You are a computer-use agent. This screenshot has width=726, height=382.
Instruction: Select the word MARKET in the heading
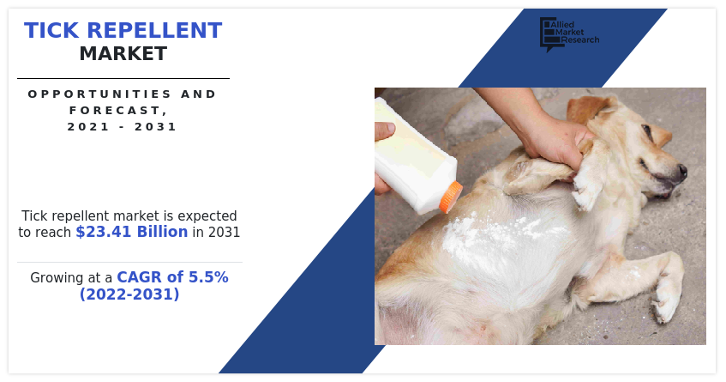[x=123, y=54]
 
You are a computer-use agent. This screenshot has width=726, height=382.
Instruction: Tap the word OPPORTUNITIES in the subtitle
[x=77, y=94]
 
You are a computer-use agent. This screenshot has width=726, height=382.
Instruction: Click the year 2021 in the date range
[x=84, y=127]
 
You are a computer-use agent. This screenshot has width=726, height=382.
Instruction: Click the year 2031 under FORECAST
[x=159, y=127]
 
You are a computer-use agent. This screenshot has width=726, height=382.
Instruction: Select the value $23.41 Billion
[x=131, y=232]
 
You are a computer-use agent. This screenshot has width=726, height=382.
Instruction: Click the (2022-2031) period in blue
[x=129, y=294]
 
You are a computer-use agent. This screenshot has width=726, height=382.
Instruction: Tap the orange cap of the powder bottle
[x=451, y=197]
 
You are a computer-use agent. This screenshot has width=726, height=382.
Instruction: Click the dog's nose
[x=682, y=171]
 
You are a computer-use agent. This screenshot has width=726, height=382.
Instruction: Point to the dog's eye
[x=645, y=135]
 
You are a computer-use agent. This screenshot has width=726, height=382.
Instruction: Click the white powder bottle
[x=411, y=155]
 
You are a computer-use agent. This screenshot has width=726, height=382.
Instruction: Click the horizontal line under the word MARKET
[x=123, y=79]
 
